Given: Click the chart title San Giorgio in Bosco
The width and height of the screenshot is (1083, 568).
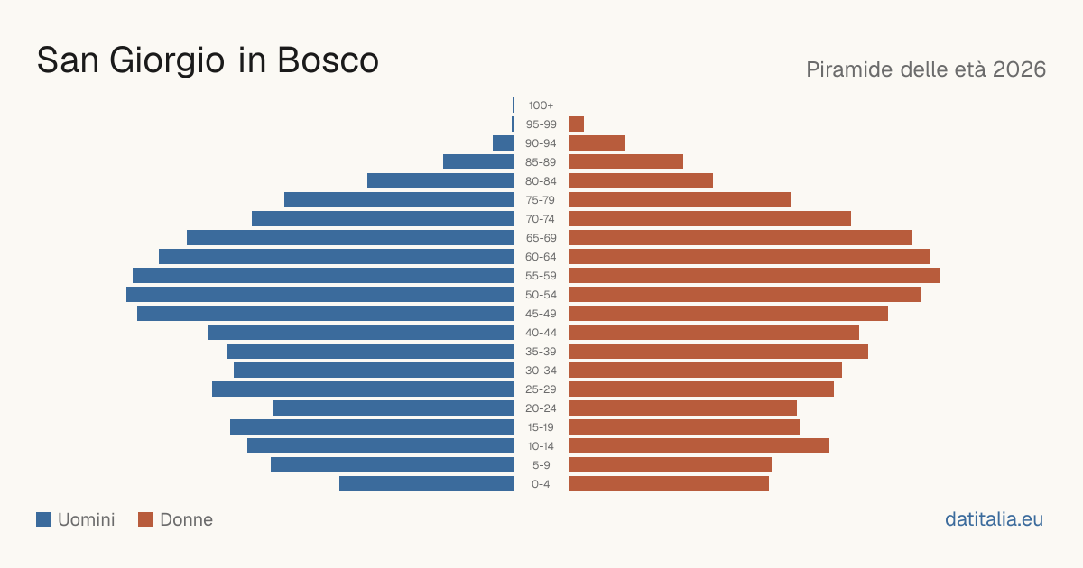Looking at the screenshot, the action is (208, 60).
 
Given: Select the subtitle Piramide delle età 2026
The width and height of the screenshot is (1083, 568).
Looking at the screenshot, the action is (926, 69).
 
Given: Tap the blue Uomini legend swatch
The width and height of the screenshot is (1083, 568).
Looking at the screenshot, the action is (43, 519).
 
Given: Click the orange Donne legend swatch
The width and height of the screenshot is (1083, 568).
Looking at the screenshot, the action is (145, 519).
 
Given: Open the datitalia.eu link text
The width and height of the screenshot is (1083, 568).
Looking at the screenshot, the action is (994, 519).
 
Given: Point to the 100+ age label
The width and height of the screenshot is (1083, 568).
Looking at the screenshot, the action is (541, 105).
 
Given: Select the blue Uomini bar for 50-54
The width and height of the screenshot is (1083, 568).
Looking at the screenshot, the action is (320, 295).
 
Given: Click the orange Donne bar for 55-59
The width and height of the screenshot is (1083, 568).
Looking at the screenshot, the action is (754, 276).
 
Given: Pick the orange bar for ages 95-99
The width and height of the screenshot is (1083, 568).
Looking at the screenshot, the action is (577, 124).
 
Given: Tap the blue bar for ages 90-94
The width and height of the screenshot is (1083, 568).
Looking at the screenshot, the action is (504, 143).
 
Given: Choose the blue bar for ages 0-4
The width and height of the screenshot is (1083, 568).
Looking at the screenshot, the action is (427, 484).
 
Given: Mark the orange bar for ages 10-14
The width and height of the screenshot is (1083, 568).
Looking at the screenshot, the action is (699, 445).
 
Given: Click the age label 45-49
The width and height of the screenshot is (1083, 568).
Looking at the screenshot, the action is (541, 314).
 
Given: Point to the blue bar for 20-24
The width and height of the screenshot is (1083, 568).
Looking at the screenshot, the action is (394, 408).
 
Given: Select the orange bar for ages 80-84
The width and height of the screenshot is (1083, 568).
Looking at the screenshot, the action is (641, 181).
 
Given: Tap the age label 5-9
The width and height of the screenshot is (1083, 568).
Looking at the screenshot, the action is (541, 465).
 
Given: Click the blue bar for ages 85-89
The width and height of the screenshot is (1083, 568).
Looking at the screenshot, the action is (478, 161).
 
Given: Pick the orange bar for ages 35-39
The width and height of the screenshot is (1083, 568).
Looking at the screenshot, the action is (718, 351).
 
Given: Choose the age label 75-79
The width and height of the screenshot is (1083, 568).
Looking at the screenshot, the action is (541, 200).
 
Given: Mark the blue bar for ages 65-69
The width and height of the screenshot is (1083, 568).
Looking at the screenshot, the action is (350, 238).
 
